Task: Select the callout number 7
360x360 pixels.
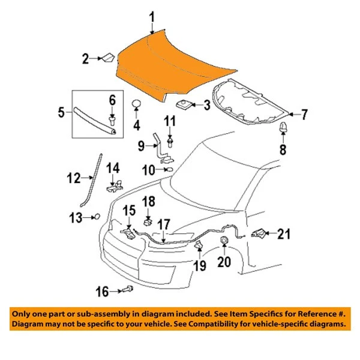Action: pyautogui.click(x=304, y=113)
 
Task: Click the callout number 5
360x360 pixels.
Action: pyautogui.click(x=61, y=112)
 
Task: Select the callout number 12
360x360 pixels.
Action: pyautogui.click(x=73, y=178)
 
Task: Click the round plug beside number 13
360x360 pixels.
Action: pyautogui.click(x=95, y=217)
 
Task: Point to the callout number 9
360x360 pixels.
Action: pyautogui.click(x=142, y=145)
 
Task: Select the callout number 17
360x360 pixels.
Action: pyautogui.click(x=163, y=223)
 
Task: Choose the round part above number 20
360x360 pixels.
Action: pyautogui.click(x=224, y=241)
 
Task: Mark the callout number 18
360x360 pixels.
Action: pyautogui.click(x=148, y=200)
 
